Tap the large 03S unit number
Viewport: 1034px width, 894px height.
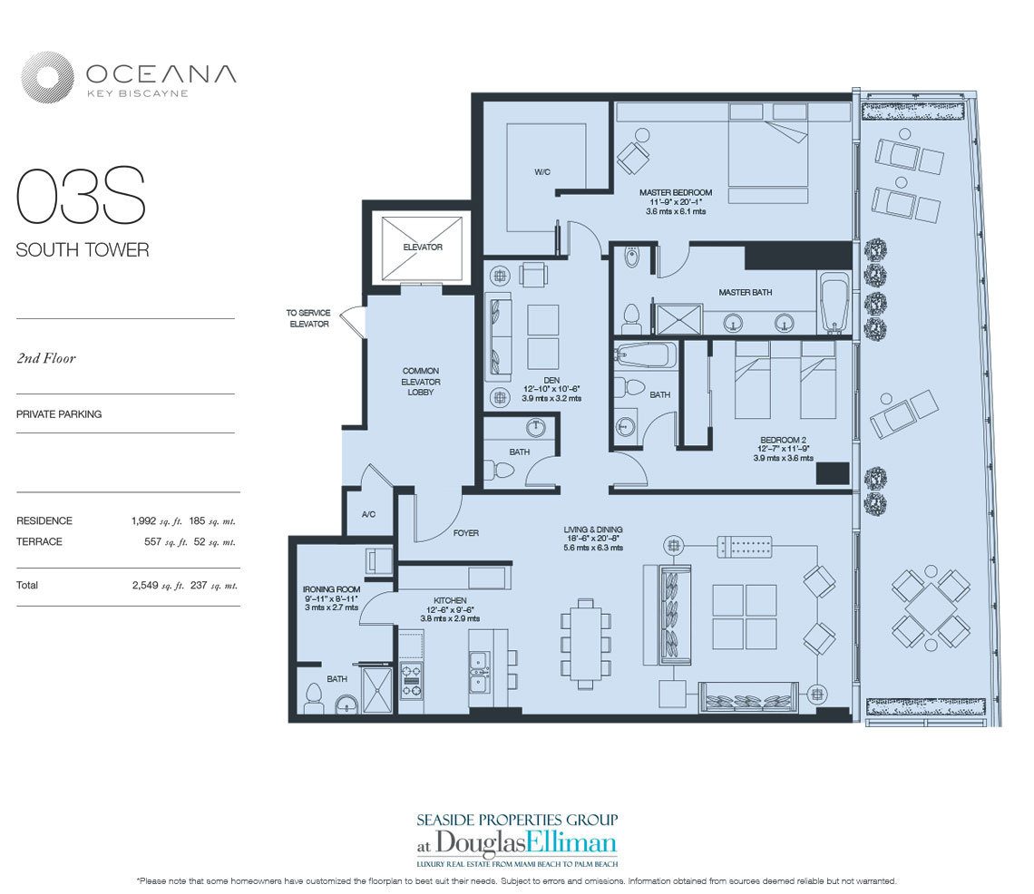coord(81,197)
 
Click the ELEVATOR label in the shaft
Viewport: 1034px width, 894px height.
coord(422,248)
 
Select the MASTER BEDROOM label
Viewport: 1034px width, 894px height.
coord(675,192)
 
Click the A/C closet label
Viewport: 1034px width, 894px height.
coord(368,514)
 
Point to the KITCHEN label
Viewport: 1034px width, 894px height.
coord(450,600)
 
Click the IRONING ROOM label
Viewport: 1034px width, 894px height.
coord(331,589)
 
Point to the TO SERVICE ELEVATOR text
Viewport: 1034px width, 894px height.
coord(307,318)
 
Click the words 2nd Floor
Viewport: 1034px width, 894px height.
coord(46,358)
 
